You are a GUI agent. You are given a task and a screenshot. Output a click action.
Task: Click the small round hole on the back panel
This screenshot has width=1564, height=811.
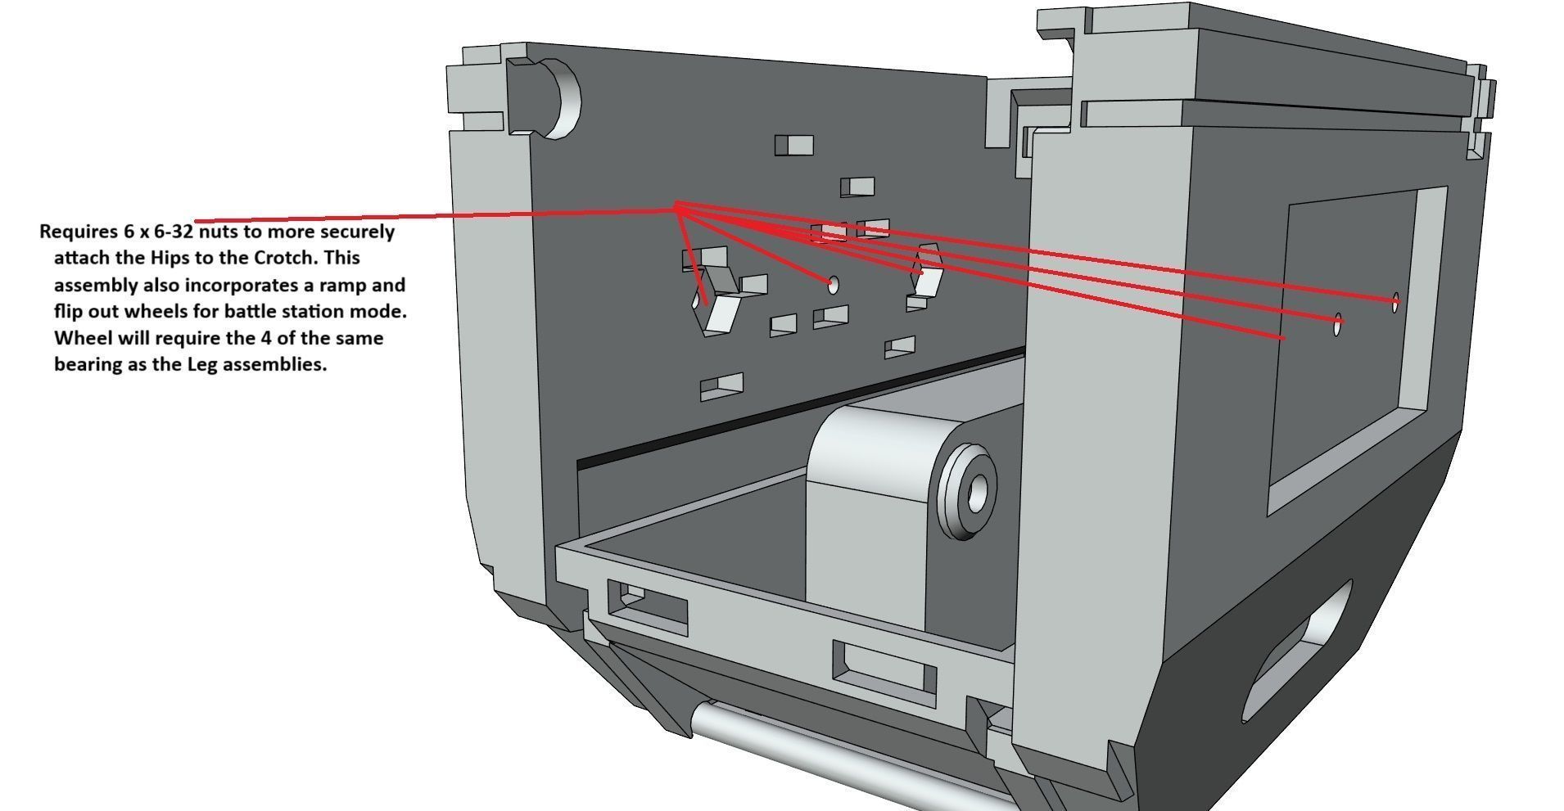point(834,284)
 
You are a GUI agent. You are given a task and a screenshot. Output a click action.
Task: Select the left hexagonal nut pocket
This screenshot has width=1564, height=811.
point(712,303)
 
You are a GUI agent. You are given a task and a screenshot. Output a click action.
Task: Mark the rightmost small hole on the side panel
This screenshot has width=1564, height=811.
point(1395,300)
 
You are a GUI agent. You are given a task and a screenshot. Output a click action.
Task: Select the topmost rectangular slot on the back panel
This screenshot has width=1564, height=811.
point(793,146)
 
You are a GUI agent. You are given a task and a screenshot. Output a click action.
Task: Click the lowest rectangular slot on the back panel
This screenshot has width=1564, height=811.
point(721,386)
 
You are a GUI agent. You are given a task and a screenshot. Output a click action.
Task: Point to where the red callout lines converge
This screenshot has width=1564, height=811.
point(676,207)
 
